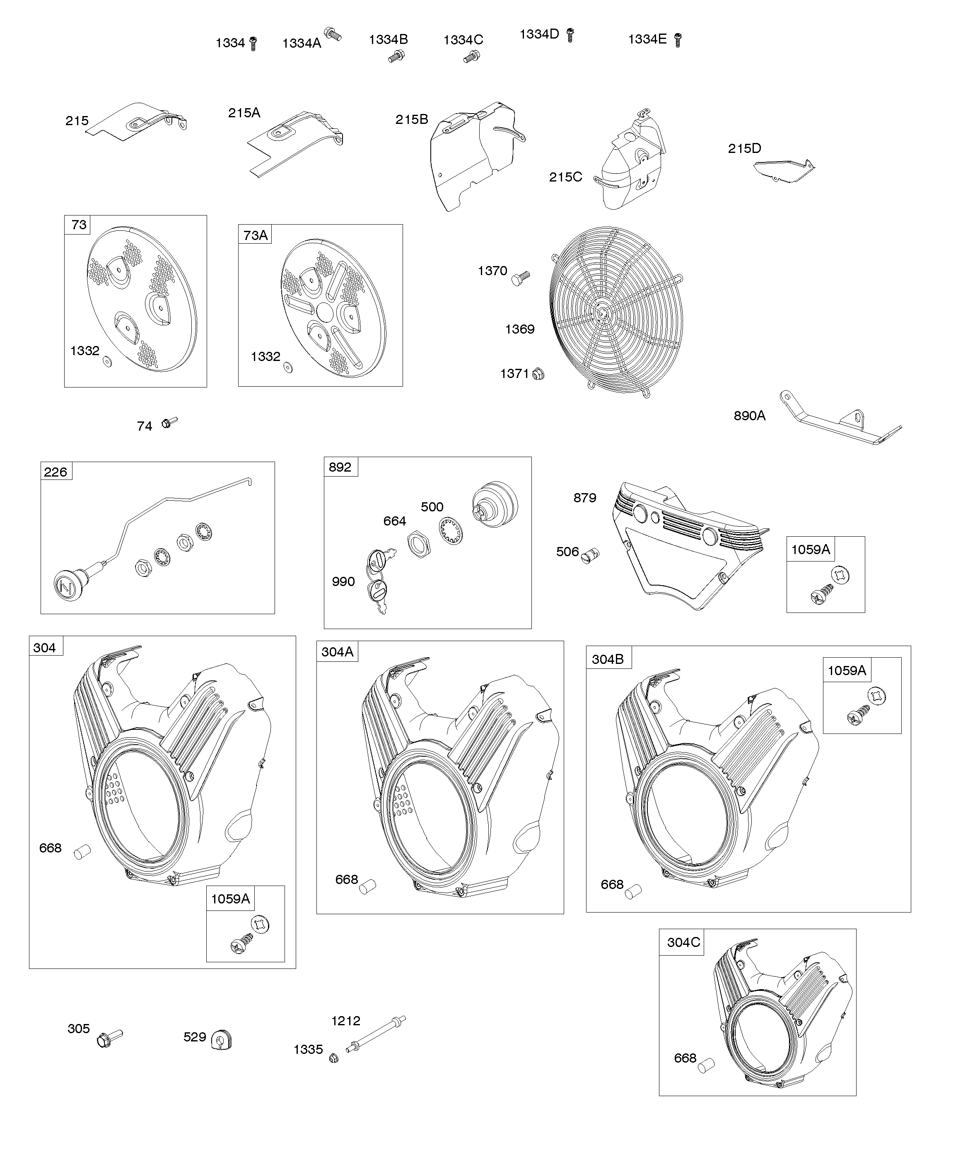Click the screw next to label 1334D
(570, 35)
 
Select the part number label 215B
(412, 119)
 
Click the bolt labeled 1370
(520, 278)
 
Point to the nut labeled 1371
(538, 374)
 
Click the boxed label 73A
(255, 235)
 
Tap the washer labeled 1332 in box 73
(108, 361)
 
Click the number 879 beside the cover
(585, 498)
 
